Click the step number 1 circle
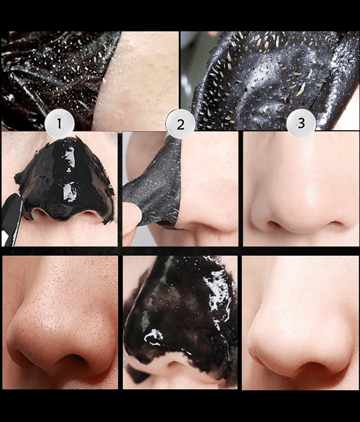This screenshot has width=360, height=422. coord(59,123)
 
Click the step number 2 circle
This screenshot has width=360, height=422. coord(180,124)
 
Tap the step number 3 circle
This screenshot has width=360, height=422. coord(301,123)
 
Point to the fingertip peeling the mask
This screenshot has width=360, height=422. coord(132,221)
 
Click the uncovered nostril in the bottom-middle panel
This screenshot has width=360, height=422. coord(175,366)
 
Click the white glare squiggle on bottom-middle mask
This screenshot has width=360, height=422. coord(154,337)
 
